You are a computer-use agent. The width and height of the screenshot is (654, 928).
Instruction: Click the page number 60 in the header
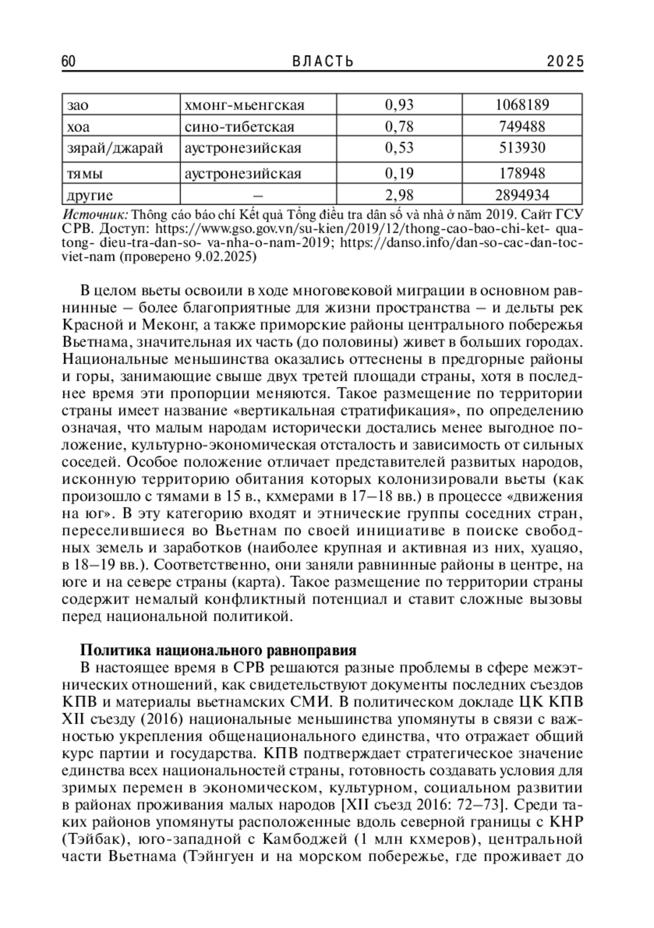69,62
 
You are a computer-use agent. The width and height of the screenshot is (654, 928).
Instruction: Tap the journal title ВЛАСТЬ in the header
323,62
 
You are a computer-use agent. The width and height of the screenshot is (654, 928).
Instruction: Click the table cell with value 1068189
522,105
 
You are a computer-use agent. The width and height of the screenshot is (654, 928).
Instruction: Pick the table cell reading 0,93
399,105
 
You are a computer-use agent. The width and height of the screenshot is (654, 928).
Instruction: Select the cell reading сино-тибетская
240,127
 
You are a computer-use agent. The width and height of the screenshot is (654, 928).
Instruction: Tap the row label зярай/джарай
114,148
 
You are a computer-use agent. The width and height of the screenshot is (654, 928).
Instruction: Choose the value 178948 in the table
522,174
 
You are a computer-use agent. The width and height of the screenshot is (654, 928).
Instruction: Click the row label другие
90,195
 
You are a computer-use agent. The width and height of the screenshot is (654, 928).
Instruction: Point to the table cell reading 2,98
399,195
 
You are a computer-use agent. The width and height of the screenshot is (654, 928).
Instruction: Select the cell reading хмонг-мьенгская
245,105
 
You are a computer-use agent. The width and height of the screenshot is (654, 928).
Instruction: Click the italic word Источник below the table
95,213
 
